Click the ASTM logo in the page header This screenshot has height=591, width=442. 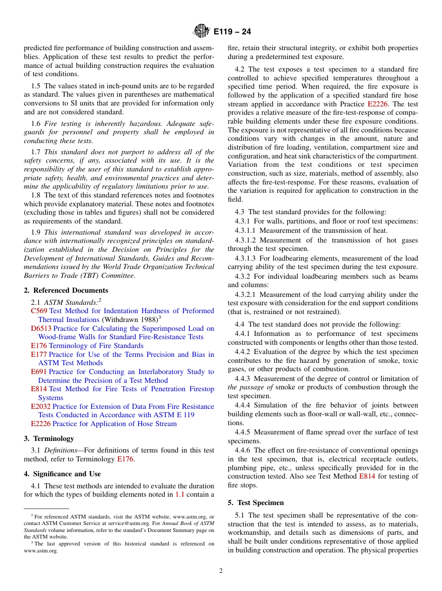201,32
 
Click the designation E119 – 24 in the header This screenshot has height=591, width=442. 232,32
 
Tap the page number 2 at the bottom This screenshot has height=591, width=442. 221,571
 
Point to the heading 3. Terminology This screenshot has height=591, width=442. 49,439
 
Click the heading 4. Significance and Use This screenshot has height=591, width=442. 62,474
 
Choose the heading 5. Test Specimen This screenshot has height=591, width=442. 255,503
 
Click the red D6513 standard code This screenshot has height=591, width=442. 41,328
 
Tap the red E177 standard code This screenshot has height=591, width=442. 39,355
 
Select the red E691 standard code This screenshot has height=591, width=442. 39,372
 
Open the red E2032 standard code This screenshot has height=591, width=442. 40,407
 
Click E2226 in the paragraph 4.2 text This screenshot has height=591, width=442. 380,104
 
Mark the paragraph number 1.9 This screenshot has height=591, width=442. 36,232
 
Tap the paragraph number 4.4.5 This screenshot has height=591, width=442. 244,432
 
